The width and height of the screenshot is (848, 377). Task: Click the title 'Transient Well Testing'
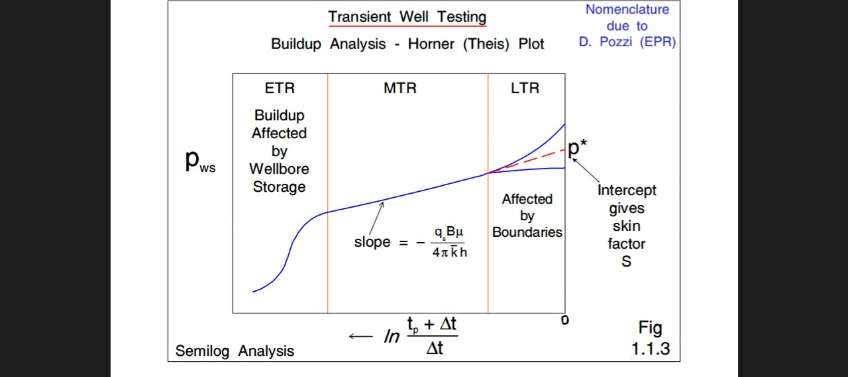coord(407,17)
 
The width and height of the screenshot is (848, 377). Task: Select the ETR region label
coord(280,88)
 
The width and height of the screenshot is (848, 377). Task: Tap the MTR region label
coord(400,88)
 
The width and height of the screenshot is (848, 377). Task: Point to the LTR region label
coord(525,88)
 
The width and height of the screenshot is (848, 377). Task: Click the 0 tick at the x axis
coord(564,320)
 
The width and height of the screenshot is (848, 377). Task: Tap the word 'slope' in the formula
coord(372,242)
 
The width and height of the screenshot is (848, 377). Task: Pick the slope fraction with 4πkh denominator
coord(449,242)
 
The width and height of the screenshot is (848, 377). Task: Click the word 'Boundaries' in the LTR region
coord(527,232)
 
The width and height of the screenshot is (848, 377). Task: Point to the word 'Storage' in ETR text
coord(279,187)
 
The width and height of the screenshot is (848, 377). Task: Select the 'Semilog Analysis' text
coord(235,351)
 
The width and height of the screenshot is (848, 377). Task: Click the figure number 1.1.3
coord(650,349)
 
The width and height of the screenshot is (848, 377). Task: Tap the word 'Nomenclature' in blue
coord(627,9)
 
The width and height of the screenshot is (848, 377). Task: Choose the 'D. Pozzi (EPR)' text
coord(627,42)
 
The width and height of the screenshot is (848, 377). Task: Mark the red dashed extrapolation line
coord(530,160)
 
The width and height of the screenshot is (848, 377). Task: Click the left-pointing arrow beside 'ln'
coord(360,337)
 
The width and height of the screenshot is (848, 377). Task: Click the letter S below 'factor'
coord(626,262)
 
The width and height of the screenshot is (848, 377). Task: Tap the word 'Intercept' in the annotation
coord(627,190)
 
